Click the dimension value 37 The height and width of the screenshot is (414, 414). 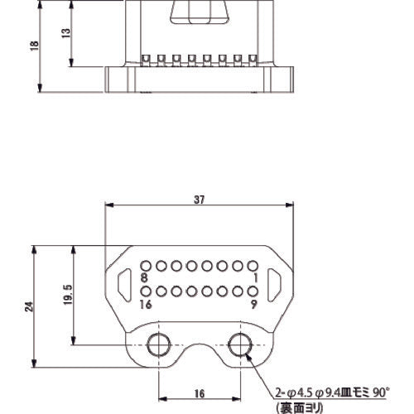[200, 199]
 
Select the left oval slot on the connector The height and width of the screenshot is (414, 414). [125, 285]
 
